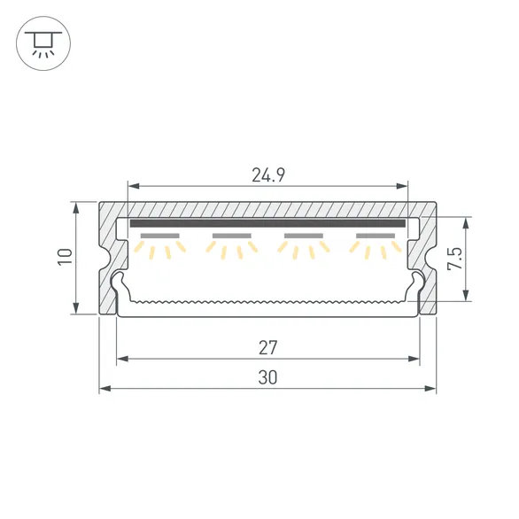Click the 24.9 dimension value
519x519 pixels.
(x=267, y=174)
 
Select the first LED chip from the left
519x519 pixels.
(x=159, y=236)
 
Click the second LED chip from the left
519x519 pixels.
(x=232, y=236)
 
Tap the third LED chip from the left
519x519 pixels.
(x=304, y=236)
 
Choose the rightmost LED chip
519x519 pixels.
(x=376, y=236)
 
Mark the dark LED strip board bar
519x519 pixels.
(x=267, y=224)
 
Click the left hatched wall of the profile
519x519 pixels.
(x=107, y=257)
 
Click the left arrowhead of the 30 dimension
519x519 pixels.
(x=103, y=389)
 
